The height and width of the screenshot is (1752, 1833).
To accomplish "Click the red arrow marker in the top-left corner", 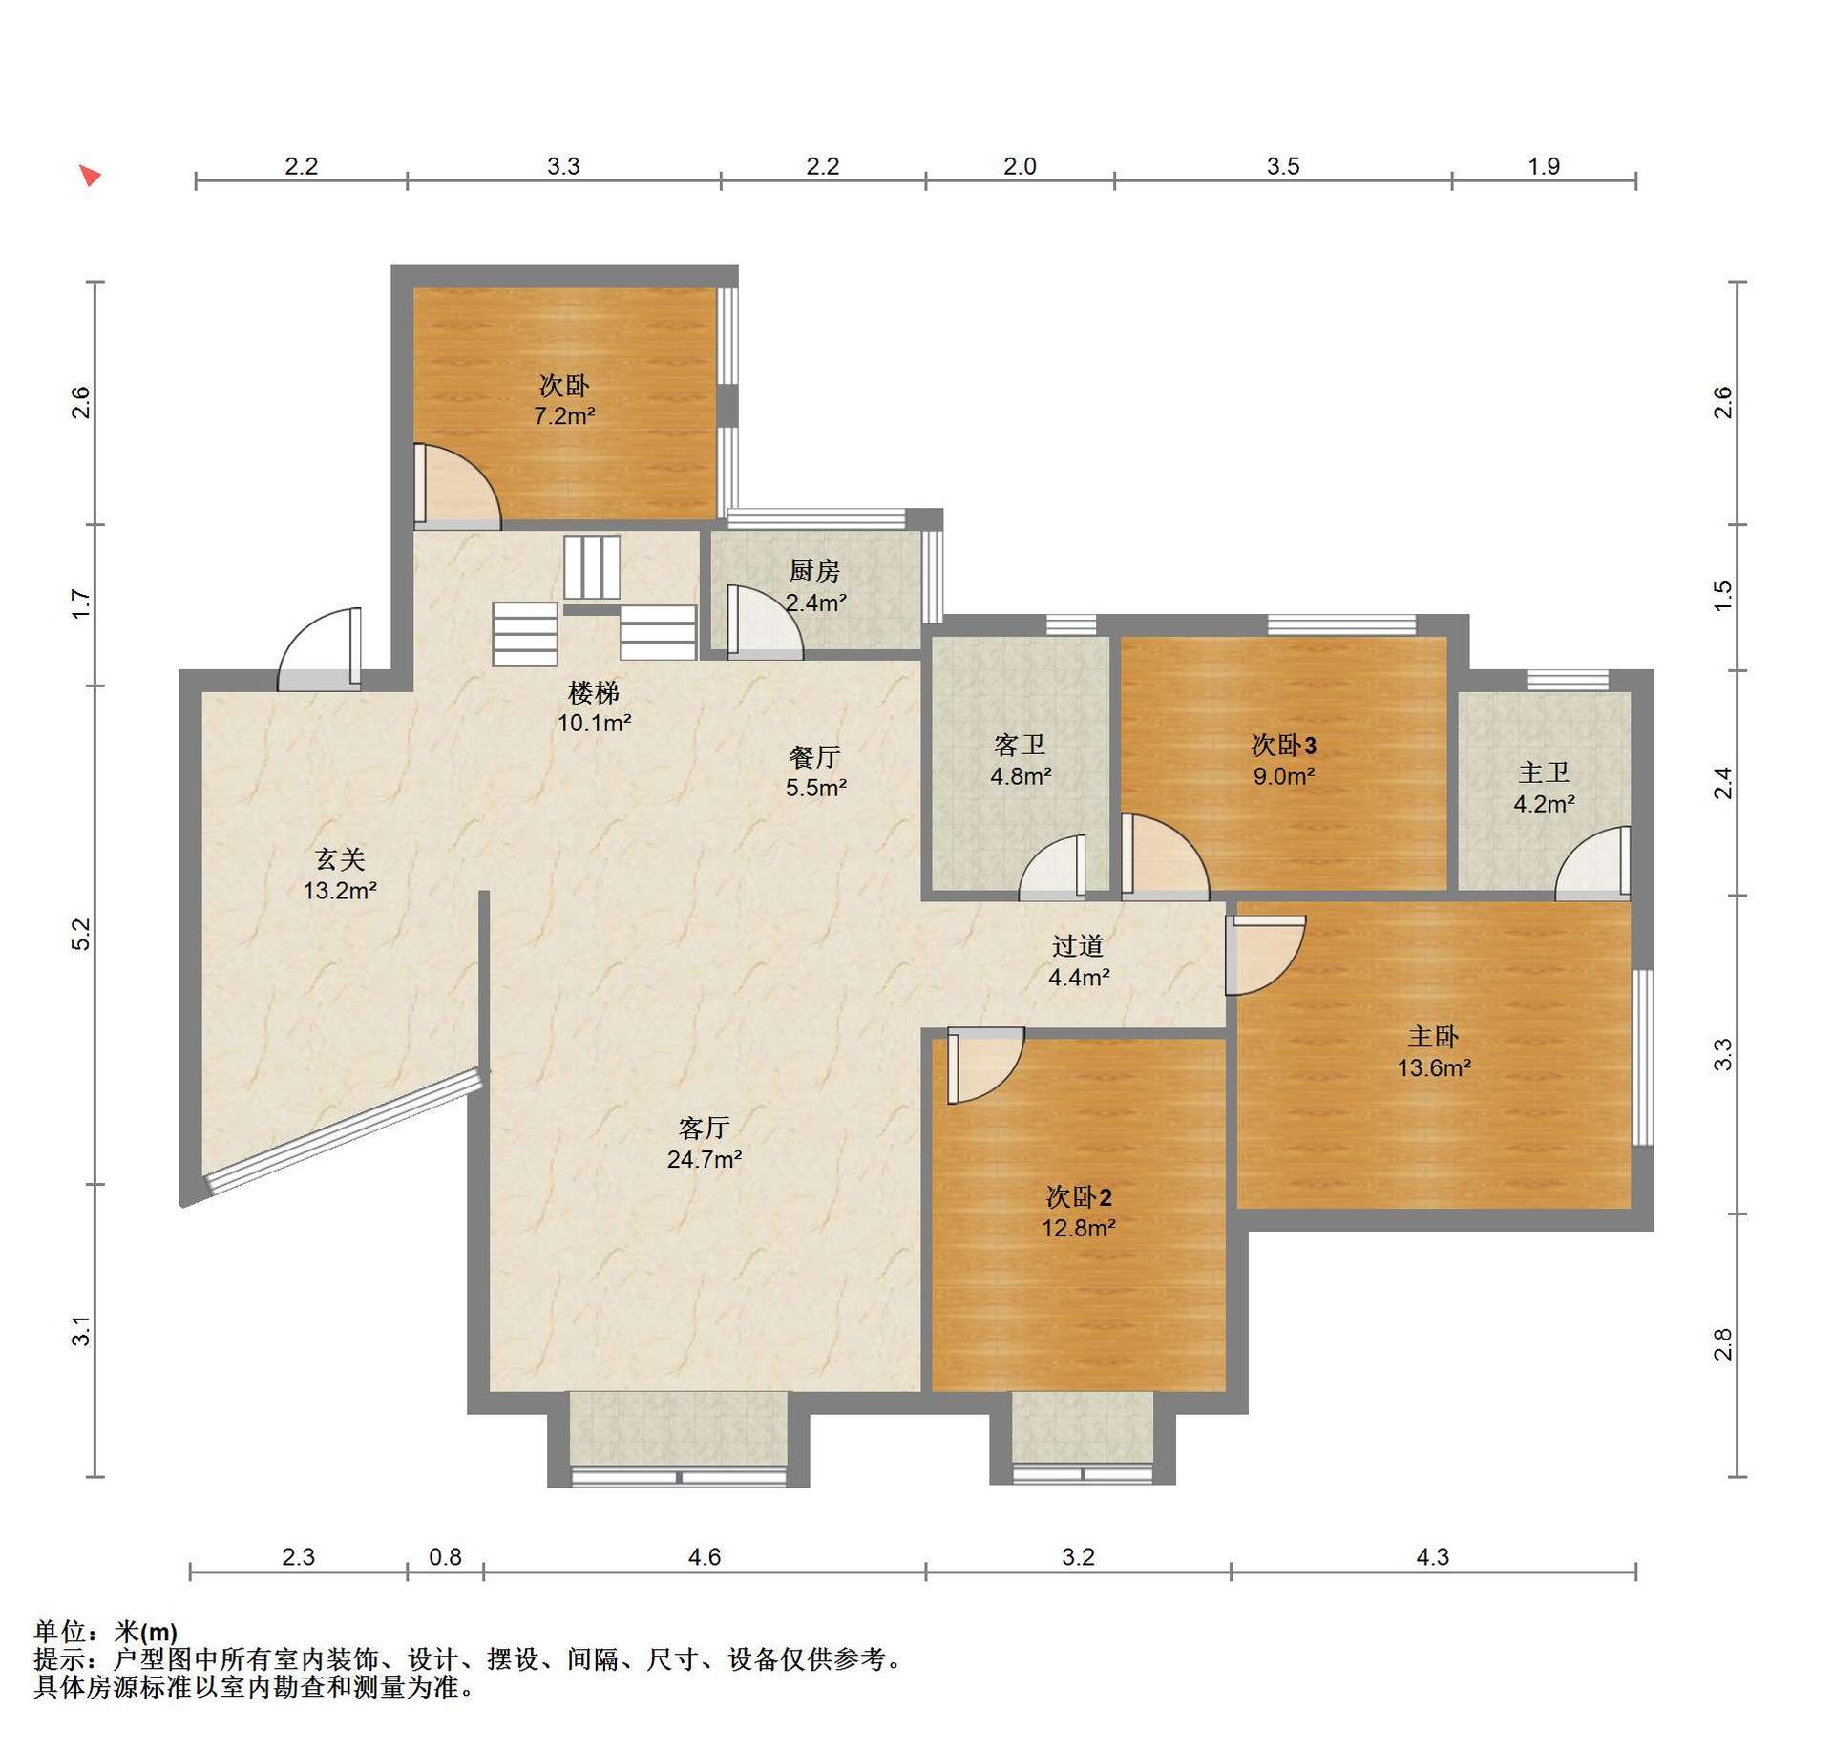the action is (90, 176).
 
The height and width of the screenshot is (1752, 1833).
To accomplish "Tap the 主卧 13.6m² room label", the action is (1434, 1052).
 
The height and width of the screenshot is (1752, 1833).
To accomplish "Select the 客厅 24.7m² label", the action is (705, 1144).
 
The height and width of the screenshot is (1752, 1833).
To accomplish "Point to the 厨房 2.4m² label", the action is (815, 586).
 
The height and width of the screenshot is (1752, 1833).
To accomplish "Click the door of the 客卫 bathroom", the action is (1052, 868).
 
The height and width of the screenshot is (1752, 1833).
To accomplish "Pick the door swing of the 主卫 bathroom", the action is (1592, 863).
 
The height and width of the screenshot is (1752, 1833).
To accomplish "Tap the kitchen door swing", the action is (765, 622).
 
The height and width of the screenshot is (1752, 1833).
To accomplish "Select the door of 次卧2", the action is (986, 1066).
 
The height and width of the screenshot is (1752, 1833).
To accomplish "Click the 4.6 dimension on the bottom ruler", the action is (705, 1556).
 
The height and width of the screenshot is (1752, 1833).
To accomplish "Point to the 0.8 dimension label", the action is (445, 1556).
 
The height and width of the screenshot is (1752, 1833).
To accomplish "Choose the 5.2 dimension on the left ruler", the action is (82, 934).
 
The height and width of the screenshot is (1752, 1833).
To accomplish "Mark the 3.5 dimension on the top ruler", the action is (1283, 166).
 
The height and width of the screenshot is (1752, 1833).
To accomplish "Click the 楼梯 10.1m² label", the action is (594, 707).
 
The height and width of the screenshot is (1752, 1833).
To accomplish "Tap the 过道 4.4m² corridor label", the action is (1079, 961).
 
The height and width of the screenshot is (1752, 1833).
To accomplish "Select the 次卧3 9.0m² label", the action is (1284, 760).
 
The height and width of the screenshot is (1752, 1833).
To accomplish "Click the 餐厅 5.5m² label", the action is (815, 772).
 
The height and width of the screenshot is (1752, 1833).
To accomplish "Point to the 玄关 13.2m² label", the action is (340, 875).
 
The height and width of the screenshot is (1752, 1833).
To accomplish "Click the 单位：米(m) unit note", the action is (106, 1632).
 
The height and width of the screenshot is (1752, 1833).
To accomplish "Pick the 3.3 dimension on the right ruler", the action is (1723, 1054).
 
